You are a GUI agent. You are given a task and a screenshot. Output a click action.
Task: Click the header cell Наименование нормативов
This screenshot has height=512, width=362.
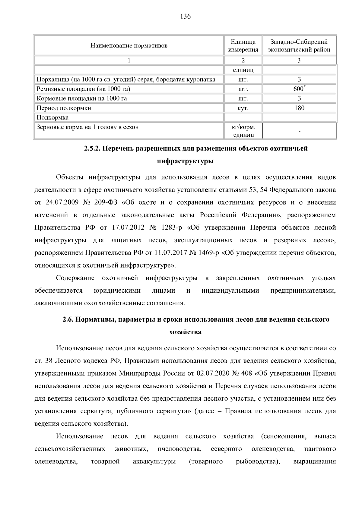coord(129,46)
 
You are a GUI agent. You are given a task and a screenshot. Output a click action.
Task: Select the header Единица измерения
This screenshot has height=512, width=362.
coord(243,46)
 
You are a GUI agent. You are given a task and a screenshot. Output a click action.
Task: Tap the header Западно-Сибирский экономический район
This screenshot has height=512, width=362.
coord(299,46)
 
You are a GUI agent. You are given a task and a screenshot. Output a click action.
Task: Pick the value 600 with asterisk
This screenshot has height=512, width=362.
coord(299,89)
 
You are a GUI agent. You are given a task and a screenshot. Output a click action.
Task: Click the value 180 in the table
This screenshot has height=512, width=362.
coord(299,108)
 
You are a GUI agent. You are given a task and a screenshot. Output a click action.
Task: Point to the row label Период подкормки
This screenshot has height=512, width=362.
coord(64,108)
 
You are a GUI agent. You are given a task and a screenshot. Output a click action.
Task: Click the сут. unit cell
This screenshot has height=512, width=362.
coord(243,108)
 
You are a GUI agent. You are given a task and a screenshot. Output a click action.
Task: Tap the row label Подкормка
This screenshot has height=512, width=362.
coord(52,117)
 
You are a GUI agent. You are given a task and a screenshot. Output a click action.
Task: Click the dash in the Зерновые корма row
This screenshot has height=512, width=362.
coord(299,131)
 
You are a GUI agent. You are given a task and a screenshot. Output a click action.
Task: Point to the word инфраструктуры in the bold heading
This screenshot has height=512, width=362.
coord(186,161)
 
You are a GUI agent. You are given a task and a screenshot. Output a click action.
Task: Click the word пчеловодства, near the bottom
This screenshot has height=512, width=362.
coord(179,449)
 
